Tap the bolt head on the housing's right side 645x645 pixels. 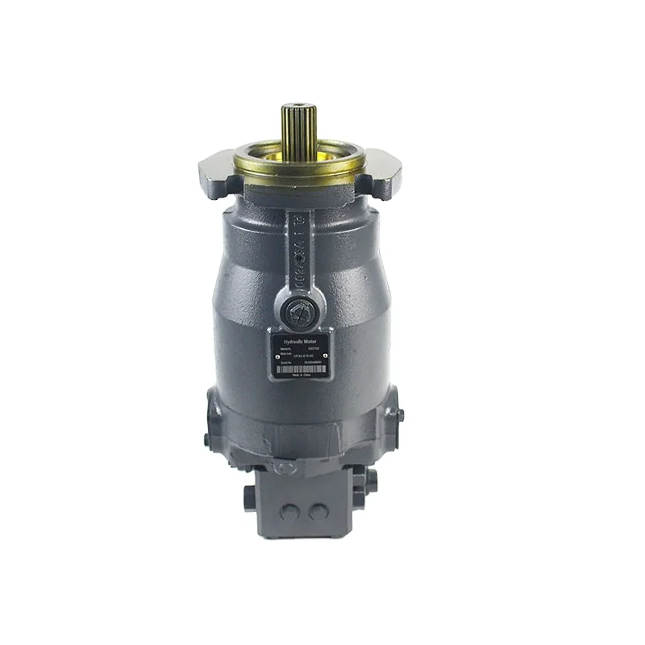(399, 414)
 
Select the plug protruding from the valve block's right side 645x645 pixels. (369, 482)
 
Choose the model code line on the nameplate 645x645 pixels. (302, 356)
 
